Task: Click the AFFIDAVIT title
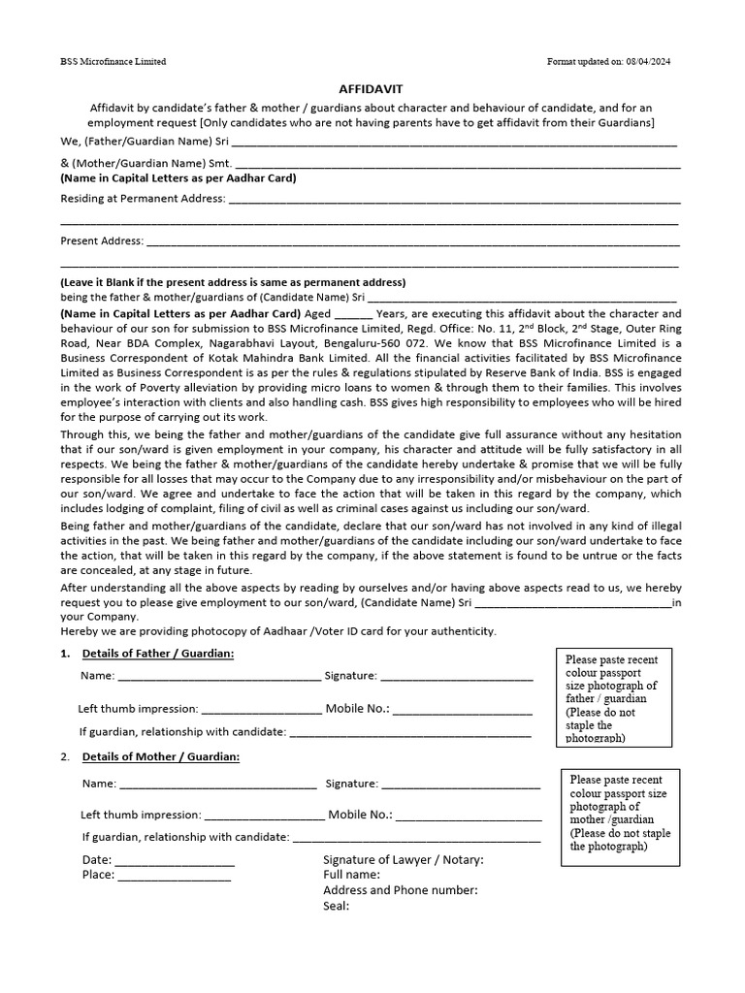372,87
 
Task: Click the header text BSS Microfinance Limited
113,62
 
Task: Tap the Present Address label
102,240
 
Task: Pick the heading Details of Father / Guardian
158,654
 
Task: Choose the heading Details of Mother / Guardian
161,756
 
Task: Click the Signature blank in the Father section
457,677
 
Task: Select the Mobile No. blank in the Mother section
468,816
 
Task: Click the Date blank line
175,861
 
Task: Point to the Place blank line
174,876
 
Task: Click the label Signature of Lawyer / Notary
403,860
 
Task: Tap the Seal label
336,906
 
